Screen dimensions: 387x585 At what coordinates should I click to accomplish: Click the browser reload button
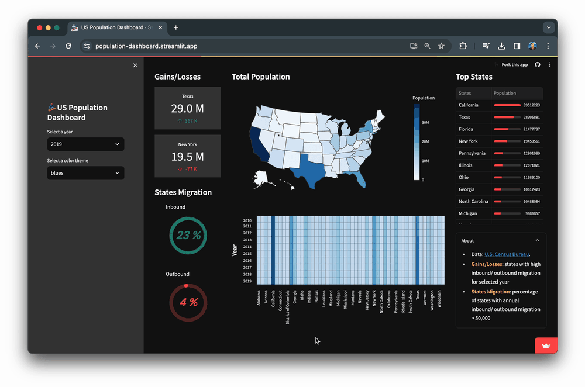(68, 46)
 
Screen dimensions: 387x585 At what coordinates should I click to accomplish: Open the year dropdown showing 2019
(85, 144)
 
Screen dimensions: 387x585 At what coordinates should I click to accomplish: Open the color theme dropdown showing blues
(85, 173)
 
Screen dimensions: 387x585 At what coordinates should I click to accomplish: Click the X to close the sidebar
(135, 65)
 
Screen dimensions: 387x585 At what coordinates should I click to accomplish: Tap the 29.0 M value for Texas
(187, 109)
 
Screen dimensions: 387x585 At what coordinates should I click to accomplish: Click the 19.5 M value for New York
(187, 157)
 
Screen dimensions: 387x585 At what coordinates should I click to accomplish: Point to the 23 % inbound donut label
(188, 235)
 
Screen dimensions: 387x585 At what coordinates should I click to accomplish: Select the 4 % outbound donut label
(188, 302)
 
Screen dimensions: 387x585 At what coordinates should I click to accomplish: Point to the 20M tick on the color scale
(425, 141)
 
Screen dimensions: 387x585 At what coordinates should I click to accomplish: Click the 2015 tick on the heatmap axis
(247, 254)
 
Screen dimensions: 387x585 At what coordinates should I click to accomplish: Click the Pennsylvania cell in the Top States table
(473, 153)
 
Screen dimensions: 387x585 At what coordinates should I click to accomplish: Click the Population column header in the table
(505, 93)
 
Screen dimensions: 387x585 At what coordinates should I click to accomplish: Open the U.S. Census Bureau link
(507, 254)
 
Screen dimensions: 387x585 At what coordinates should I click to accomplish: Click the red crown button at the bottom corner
(546, 345)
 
